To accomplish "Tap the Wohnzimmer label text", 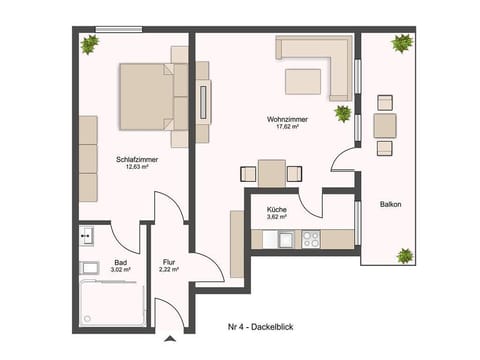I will (287, 119).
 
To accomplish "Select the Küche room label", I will (276, 208).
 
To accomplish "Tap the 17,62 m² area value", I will (287, 127).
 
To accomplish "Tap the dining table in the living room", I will (271, 172).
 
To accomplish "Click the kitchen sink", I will (285, 240).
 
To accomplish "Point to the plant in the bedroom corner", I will (90, 44).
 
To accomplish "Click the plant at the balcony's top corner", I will (402, 43).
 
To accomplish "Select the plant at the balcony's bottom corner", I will (405, 256).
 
